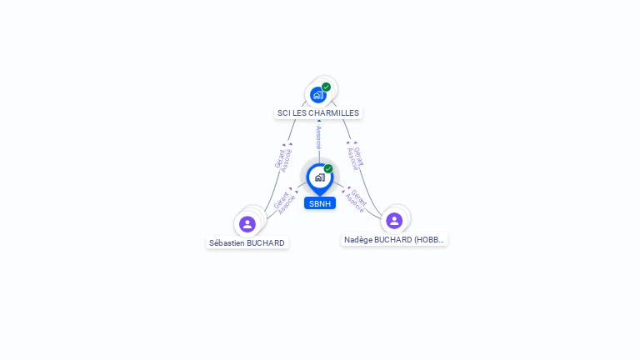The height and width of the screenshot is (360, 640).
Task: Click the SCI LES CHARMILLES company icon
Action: click(317, 95)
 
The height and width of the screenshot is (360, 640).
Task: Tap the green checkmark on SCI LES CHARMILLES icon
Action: click(326, 87)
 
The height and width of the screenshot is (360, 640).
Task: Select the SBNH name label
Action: click(319, 203)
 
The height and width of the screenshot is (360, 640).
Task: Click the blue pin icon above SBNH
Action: click(319, 177)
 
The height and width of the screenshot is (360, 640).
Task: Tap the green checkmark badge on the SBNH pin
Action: click(328, 169)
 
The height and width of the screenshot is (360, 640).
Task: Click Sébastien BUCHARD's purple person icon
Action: click(247, 224)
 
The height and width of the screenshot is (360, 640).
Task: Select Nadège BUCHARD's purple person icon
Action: click(394, 221)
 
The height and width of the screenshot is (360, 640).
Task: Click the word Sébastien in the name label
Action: click(227, 243)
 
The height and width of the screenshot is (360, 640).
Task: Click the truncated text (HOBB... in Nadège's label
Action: click(428, 240)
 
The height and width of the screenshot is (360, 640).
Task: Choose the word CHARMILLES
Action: click(336, 112)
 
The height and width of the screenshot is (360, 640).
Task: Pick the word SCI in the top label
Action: click(284, 112)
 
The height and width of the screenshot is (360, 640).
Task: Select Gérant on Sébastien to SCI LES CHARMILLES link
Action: click(279, 157)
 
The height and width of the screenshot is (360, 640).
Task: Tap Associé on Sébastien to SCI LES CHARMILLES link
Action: click(287, 161)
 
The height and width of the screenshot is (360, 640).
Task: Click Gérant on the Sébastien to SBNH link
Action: click(280, 199)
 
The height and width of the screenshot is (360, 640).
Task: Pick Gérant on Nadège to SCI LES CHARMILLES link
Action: click(359, 156)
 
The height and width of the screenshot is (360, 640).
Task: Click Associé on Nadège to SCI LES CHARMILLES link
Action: click(352, 159)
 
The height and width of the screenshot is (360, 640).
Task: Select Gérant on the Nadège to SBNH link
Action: click(358, 197)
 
